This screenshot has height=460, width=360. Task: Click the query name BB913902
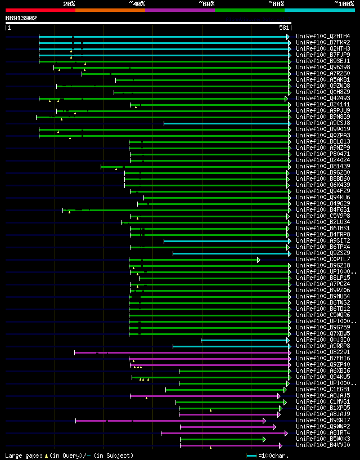click(21, 18)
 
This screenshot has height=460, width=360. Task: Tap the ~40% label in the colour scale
click(137, 3)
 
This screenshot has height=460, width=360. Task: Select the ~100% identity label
click(344, 3)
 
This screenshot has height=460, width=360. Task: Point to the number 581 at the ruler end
click(284, 27)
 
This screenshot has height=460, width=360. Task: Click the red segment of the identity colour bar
click(40, 10)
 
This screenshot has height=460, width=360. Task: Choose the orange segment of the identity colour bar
click(110, 10)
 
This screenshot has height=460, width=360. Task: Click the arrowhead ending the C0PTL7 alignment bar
click(259, 260)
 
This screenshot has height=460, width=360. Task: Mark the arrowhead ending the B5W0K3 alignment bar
click(264, 439)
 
